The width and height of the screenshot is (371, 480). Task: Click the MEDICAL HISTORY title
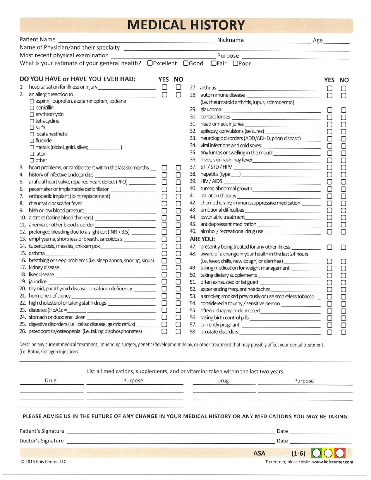186,25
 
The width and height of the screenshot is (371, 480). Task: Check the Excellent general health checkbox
150,63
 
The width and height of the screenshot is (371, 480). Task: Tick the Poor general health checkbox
235,63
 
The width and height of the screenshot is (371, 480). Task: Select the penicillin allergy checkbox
32,108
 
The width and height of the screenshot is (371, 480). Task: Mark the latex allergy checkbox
32,154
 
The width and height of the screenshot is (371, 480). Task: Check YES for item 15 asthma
164,253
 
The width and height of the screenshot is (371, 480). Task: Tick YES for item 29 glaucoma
330,110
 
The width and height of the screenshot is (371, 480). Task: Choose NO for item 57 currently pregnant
343,325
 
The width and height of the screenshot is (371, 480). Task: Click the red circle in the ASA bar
340,453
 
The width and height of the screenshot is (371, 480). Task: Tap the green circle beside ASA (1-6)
316,453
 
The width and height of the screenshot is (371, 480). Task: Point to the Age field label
317,40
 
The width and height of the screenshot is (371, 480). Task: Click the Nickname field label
230,40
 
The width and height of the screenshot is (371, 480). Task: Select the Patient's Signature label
42,431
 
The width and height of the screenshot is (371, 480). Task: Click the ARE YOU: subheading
202,239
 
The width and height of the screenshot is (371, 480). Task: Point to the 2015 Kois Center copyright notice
43,461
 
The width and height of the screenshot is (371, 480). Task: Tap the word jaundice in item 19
38,282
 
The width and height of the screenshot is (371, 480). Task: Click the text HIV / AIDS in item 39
211,181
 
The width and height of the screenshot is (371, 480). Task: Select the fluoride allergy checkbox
32,141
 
